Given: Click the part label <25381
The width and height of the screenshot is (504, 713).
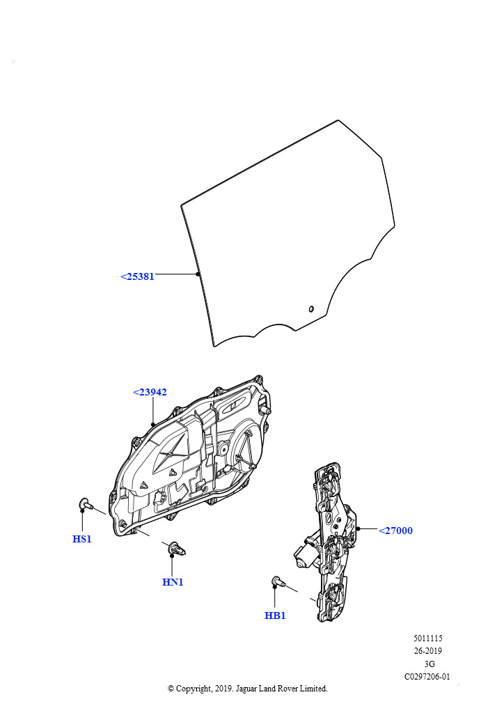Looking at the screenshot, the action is [x=137, y=276].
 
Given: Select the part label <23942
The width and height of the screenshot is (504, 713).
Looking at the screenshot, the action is [x=150, y=392].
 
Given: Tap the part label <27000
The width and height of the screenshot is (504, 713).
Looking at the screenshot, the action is [x=395, y=531].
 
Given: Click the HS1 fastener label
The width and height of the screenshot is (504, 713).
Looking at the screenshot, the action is [x=82, y=539].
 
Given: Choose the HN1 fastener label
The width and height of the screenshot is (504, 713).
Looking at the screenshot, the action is [x=173, y=582].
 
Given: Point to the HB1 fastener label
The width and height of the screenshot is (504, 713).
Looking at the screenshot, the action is [x=275, y=616].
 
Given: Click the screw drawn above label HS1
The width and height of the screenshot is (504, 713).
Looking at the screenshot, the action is [x=86, y=503].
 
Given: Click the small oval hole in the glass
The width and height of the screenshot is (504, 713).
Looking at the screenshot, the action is [x=311, y=309].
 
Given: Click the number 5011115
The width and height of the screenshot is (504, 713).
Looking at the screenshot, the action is [x=427, y=638].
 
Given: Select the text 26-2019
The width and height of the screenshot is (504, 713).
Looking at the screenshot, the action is [x=427, y=651].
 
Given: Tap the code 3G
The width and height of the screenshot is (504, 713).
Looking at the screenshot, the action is [x=430, y=664].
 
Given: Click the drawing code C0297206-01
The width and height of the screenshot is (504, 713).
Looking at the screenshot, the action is [x=427, y=677].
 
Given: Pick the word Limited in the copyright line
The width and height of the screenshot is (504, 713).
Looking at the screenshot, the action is [x=313, y=689].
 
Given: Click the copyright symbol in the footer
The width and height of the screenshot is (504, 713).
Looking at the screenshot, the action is [x=171, y=689].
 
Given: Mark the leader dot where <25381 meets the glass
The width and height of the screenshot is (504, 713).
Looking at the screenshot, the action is [x=198, y=274].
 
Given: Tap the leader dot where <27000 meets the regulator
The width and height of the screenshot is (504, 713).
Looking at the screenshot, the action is [x=359, y=529].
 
